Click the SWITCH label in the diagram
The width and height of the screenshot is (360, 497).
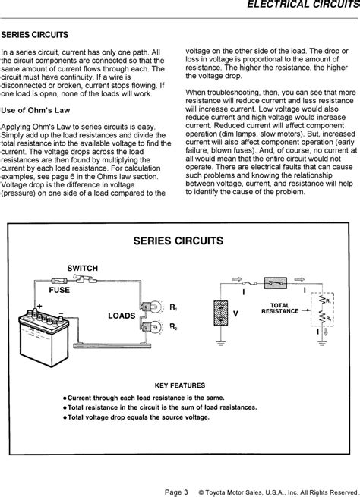click(83, 268)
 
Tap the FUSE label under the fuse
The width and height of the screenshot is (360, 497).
click(59, 290)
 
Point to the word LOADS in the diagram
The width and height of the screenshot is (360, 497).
click(122, 316)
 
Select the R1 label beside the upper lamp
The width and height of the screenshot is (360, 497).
click(173, 307)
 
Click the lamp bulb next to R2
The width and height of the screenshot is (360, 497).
click(156, 326)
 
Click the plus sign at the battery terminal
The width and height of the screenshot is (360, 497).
click(39, 306)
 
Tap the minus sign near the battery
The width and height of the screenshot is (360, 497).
click(62, 313)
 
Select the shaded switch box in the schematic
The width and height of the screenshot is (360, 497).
click(275, 283)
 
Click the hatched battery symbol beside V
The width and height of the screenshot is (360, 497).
click(221, 313)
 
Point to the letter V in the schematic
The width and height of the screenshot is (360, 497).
click(235, 314)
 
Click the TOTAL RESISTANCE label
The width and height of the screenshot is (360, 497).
click(279, 308)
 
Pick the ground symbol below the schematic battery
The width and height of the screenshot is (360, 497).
click(221, 343)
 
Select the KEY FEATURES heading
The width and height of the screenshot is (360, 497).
click(180, 385)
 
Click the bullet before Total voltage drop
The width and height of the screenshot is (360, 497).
click(65, 417)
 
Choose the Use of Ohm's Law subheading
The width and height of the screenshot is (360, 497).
click(36, 110)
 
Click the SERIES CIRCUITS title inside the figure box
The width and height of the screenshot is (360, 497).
click(178, 241)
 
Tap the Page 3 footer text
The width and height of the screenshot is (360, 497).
click(176, 492)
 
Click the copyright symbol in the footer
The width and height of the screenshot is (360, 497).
click(201, 492)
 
